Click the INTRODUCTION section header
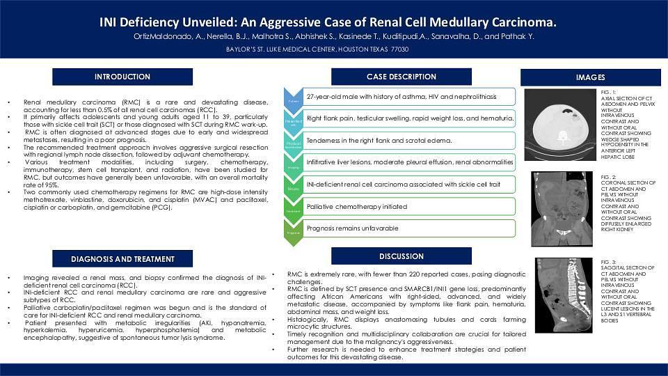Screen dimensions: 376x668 [122, 77]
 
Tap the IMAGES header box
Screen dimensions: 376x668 [590, 77]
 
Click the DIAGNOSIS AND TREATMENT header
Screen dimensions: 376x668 [122, 260]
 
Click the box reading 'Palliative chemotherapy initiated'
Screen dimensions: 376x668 [409, 207]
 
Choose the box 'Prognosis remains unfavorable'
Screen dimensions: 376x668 [409, 228]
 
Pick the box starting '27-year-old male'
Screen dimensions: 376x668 [409, 97]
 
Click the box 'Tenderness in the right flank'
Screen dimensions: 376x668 [409, 141]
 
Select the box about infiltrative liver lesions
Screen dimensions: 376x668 [409, 162]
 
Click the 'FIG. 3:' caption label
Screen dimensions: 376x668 [608, 260]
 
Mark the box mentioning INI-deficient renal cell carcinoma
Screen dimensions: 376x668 [409, 185]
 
